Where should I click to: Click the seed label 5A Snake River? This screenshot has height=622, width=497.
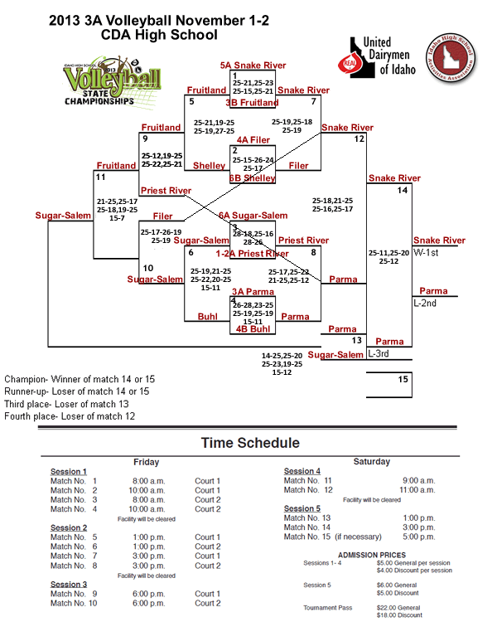tap(252, 64)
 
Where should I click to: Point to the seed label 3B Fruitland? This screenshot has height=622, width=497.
tap(252, 103)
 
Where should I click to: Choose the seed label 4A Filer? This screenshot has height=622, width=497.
tap(253, 140)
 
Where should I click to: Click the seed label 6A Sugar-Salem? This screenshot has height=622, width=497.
tap(253, 215)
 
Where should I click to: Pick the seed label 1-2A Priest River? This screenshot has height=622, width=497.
tap(252, 253)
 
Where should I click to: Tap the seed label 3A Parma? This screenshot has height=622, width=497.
tap(253, 291)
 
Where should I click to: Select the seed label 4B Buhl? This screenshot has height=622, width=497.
tap(253, 328)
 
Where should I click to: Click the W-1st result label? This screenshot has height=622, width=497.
tap(427, 251)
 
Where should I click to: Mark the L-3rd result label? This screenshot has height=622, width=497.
tap(379, 353)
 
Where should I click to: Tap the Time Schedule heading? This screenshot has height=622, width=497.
tap(249, 443)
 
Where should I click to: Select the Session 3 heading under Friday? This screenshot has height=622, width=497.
tap(69, 584)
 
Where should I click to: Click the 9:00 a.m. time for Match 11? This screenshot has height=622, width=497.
tap(418, 480)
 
